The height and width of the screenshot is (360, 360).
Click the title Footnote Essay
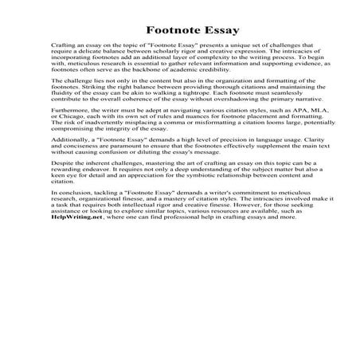pyautogui.click(x=180, y=32)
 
